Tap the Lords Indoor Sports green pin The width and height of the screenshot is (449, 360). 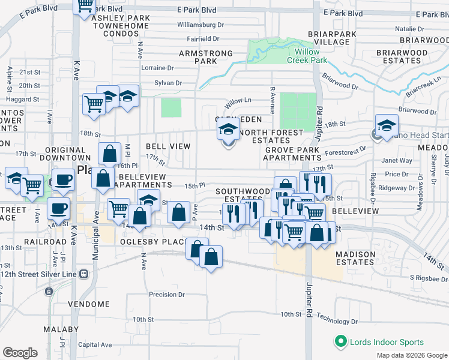[x=342, y=342]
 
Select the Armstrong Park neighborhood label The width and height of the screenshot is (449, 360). [x=206, y=57]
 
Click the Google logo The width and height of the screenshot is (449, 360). [x=20, y=353]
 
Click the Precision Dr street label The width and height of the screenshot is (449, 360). [x=167, y=295]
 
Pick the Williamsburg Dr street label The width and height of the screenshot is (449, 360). [x=200, y=25]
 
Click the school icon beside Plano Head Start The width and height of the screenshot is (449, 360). [x=387, y=127]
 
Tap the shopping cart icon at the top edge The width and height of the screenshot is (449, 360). [x=85, y=5]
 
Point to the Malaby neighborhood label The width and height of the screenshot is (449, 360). [x=61, y=329]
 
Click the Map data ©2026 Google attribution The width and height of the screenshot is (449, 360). [x=411, y=355]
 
